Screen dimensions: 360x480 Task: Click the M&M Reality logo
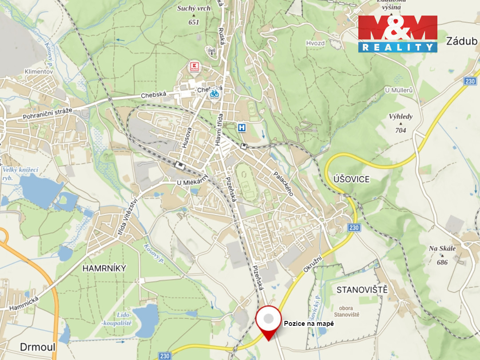click(x=397, y=34)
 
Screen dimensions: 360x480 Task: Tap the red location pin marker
click(x=268, y=321)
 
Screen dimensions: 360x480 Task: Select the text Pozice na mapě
click(x=309, y=324)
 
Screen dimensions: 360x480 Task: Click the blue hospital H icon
click(x=242, y=128)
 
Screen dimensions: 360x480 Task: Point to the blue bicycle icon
click(x=214, y=94)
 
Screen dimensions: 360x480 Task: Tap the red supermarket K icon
click(x=194, y=67)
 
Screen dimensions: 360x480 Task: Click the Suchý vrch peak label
click(x=194, y=8)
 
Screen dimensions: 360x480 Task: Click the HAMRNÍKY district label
click(x=104, y=268)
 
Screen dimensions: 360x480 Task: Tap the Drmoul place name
click(x=38, y=346)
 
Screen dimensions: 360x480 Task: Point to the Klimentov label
click(x=39, y=71)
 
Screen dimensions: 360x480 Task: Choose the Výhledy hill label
click(x=401, y=117)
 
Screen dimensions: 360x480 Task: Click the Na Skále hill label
click(x=442, y=249)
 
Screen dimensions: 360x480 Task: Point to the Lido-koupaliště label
click(x=117, y=318)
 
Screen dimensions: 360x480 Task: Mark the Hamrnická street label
click(x=24, y=303)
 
